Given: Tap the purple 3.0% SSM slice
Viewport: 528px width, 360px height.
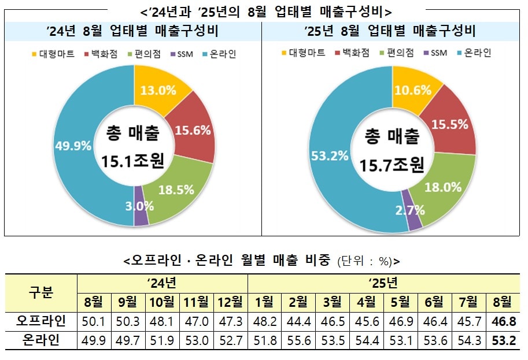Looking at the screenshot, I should [x=141, y=207].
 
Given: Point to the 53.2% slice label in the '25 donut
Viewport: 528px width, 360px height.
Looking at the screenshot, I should [x=330, y=155].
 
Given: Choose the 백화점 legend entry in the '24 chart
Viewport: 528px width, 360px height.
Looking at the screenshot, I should [x=101, y=55].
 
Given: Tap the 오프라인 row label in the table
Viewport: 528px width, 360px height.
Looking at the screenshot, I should [x=42, y=321].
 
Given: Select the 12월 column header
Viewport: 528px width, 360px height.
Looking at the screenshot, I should [x=230, y=302].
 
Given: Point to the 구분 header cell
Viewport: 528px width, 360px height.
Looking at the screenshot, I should [x=42, y=292].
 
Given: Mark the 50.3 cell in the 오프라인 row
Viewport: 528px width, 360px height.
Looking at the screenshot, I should [x=127, y=321].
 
